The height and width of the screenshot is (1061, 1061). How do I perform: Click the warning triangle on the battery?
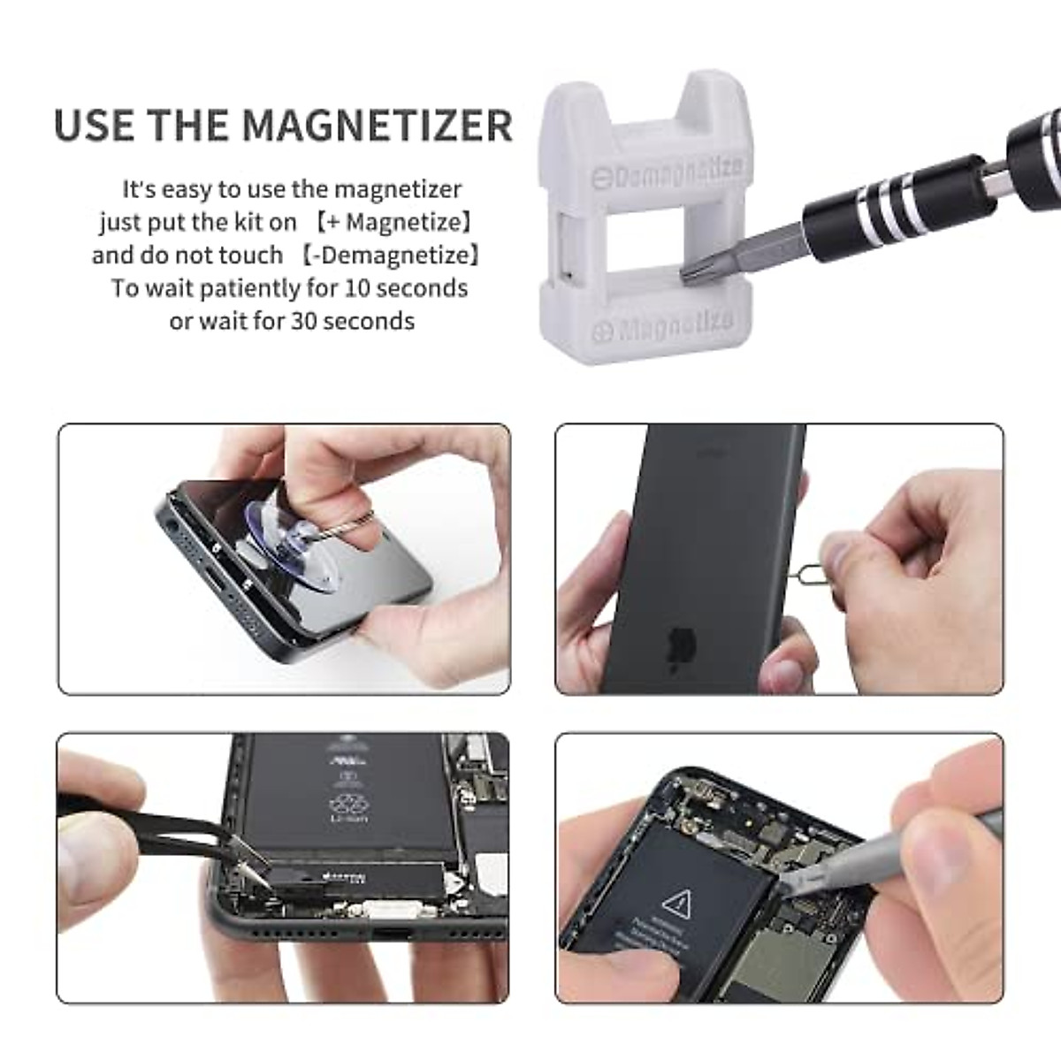pos(676,904)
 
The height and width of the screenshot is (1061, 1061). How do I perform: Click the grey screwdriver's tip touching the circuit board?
pos(785,889)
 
